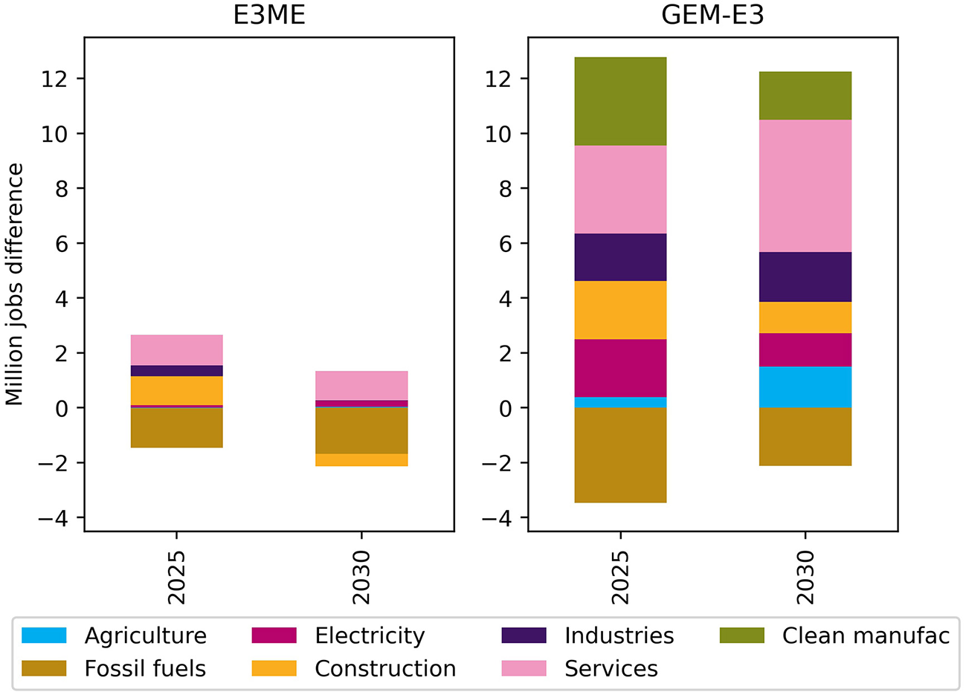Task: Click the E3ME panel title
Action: [268, 15]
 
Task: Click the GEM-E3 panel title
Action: [712, 15]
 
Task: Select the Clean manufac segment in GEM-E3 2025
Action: [620, 101]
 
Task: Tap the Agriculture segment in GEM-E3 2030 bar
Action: [805, 387]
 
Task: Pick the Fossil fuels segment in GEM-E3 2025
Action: [620, 455]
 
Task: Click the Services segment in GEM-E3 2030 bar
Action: [805, 186]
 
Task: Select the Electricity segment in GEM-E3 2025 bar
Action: [620, 368]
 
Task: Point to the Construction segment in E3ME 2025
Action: [176, 391]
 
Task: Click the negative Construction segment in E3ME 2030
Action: [361, 460]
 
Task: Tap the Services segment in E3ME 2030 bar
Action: [361, 386]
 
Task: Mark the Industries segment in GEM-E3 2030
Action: [805, 277]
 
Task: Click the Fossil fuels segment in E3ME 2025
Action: [176, 428]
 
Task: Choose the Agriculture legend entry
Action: [145, 636]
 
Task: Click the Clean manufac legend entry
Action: [865, 636]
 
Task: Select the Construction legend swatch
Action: [274, 668]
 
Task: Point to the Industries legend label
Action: [619, 636]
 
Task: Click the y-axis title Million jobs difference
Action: [15, 285]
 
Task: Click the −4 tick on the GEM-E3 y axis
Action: [497, 518]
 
